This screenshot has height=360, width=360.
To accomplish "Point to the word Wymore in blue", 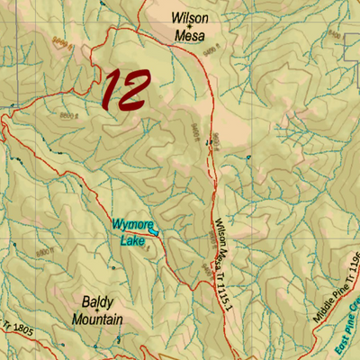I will click(x=133, y=224).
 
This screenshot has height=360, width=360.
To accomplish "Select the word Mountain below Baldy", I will click(x=97, y=319).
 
